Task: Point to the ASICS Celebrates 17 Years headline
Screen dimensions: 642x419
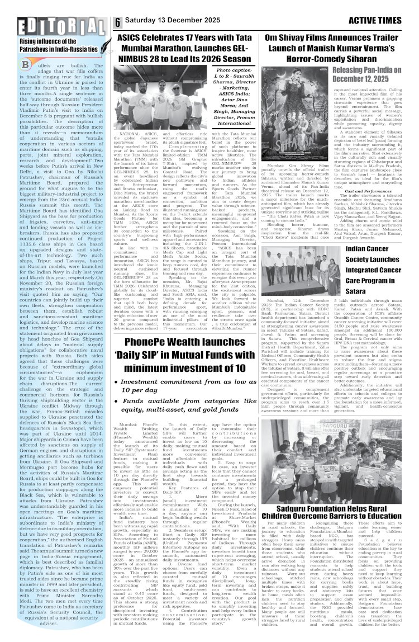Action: point(185,49)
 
